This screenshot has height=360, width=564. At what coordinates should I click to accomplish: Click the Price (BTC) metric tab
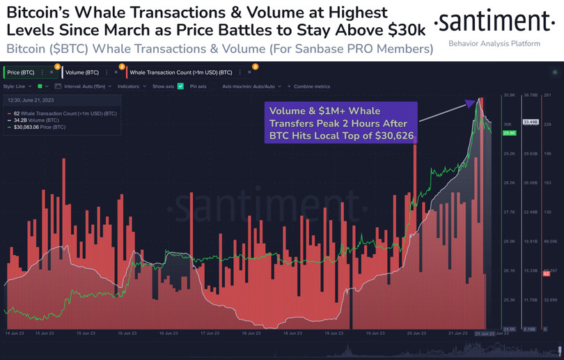(20, 72)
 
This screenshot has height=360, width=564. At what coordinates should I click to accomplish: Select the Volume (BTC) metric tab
(81, 72)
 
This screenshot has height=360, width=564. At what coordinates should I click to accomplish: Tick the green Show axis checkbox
(180, 86)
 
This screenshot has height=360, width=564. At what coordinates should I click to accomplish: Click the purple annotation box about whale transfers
(340, 122)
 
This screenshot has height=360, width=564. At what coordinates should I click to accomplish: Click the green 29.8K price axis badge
(508, 132)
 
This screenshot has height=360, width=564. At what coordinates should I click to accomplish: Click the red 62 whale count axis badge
(547, 274)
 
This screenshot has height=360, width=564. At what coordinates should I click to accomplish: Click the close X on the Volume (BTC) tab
(113, 72)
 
